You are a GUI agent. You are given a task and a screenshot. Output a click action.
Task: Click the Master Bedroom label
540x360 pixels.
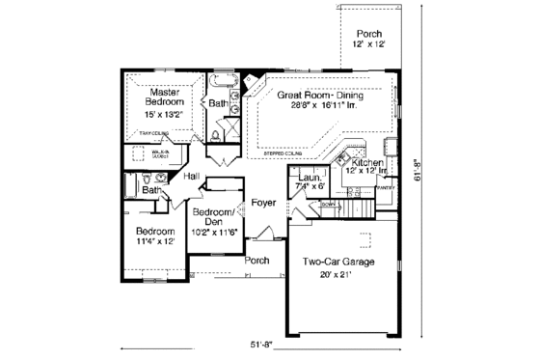157,97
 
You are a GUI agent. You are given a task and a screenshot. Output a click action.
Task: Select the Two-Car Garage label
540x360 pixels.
337,262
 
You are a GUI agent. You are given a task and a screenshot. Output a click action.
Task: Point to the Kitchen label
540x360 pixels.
367,165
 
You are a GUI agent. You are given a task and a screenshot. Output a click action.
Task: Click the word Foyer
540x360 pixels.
263,203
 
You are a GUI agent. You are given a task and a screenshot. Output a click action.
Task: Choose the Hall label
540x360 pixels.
191,176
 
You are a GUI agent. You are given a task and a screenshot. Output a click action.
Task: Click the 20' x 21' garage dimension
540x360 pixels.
337,275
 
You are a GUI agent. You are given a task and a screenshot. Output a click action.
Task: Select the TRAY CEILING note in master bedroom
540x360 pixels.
154,133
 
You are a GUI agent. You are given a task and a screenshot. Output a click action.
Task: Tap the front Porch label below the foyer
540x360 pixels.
256,261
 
